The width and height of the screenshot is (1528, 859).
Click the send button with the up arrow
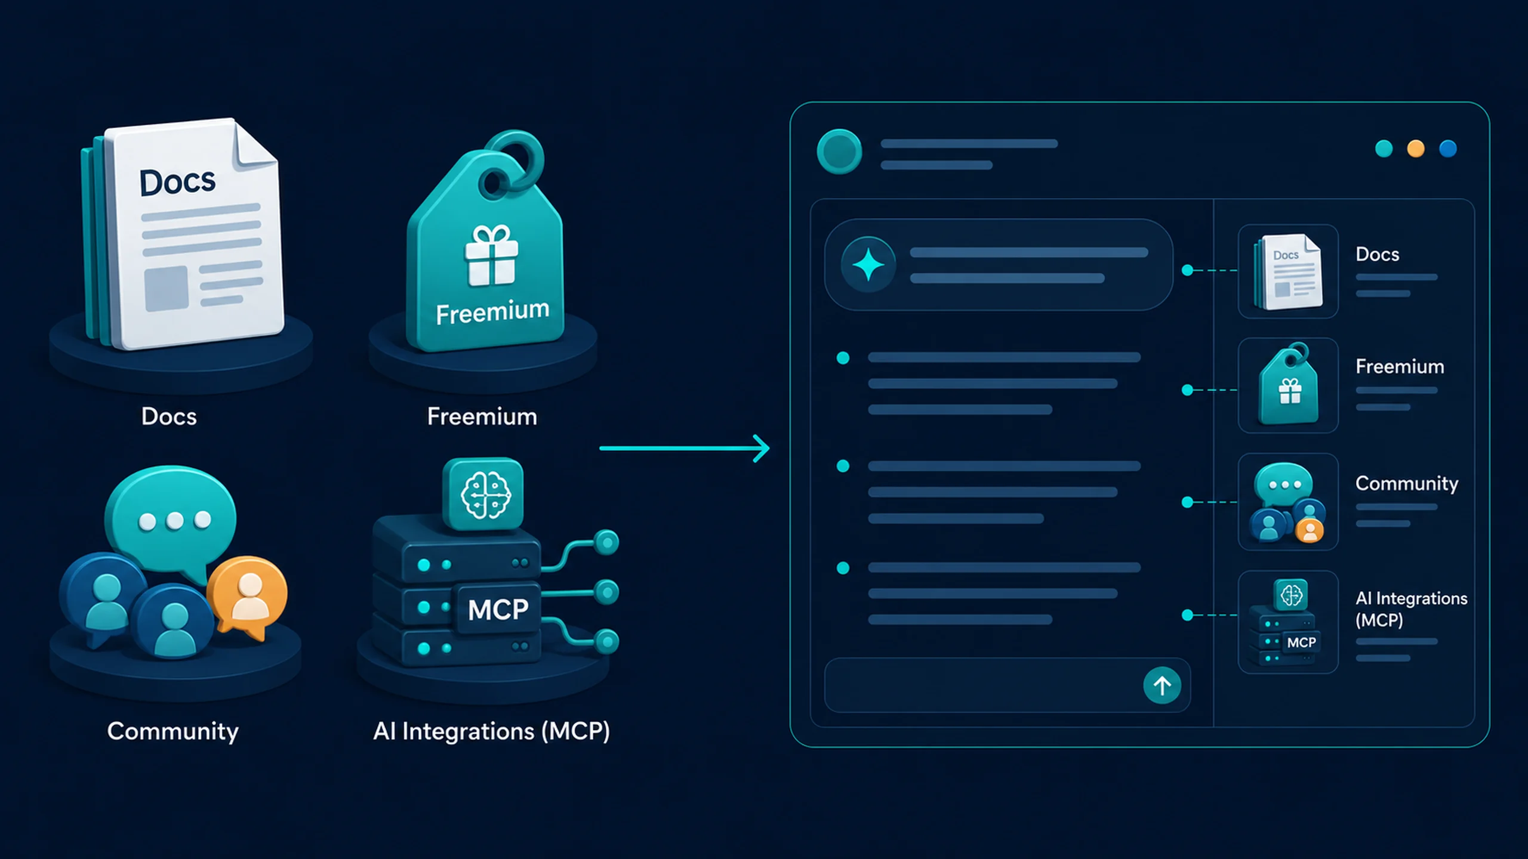(1162, 685)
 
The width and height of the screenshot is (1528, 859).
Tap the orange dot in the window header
(1416, 149)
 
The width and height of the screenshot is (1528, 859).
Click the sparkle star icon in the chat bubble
(868, 265)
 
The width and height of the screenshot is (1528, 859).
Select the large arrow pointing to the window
(684, 448)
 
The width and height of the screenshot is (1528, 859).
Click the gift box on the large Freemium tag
(491, 255)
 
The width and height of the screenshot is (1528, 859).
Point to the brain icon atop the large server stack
(483, 494)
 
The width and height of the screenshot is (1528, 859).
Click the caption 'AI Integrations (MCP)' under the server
(491, 731)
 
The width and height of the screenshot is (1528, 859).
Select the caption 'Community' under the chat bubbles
(172, 732)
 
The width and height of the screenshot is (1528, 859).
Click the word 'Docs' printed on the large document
(177, 182)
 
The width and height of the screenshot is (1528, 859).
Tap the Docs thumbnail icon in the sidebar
(1288, 271)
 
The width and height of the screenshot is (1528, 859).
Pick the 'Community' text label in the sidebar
(1407, 484)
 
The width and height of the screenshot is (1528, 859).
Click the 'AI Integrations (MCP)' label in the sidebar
(1411, 609)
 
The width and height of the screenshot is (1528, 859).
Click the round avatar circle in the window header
(839, 152)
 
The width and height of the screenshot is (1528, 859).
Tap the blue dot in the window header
(1448, 149)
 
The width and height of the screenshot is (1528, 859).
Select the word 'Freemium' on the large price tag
(492, 312)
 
